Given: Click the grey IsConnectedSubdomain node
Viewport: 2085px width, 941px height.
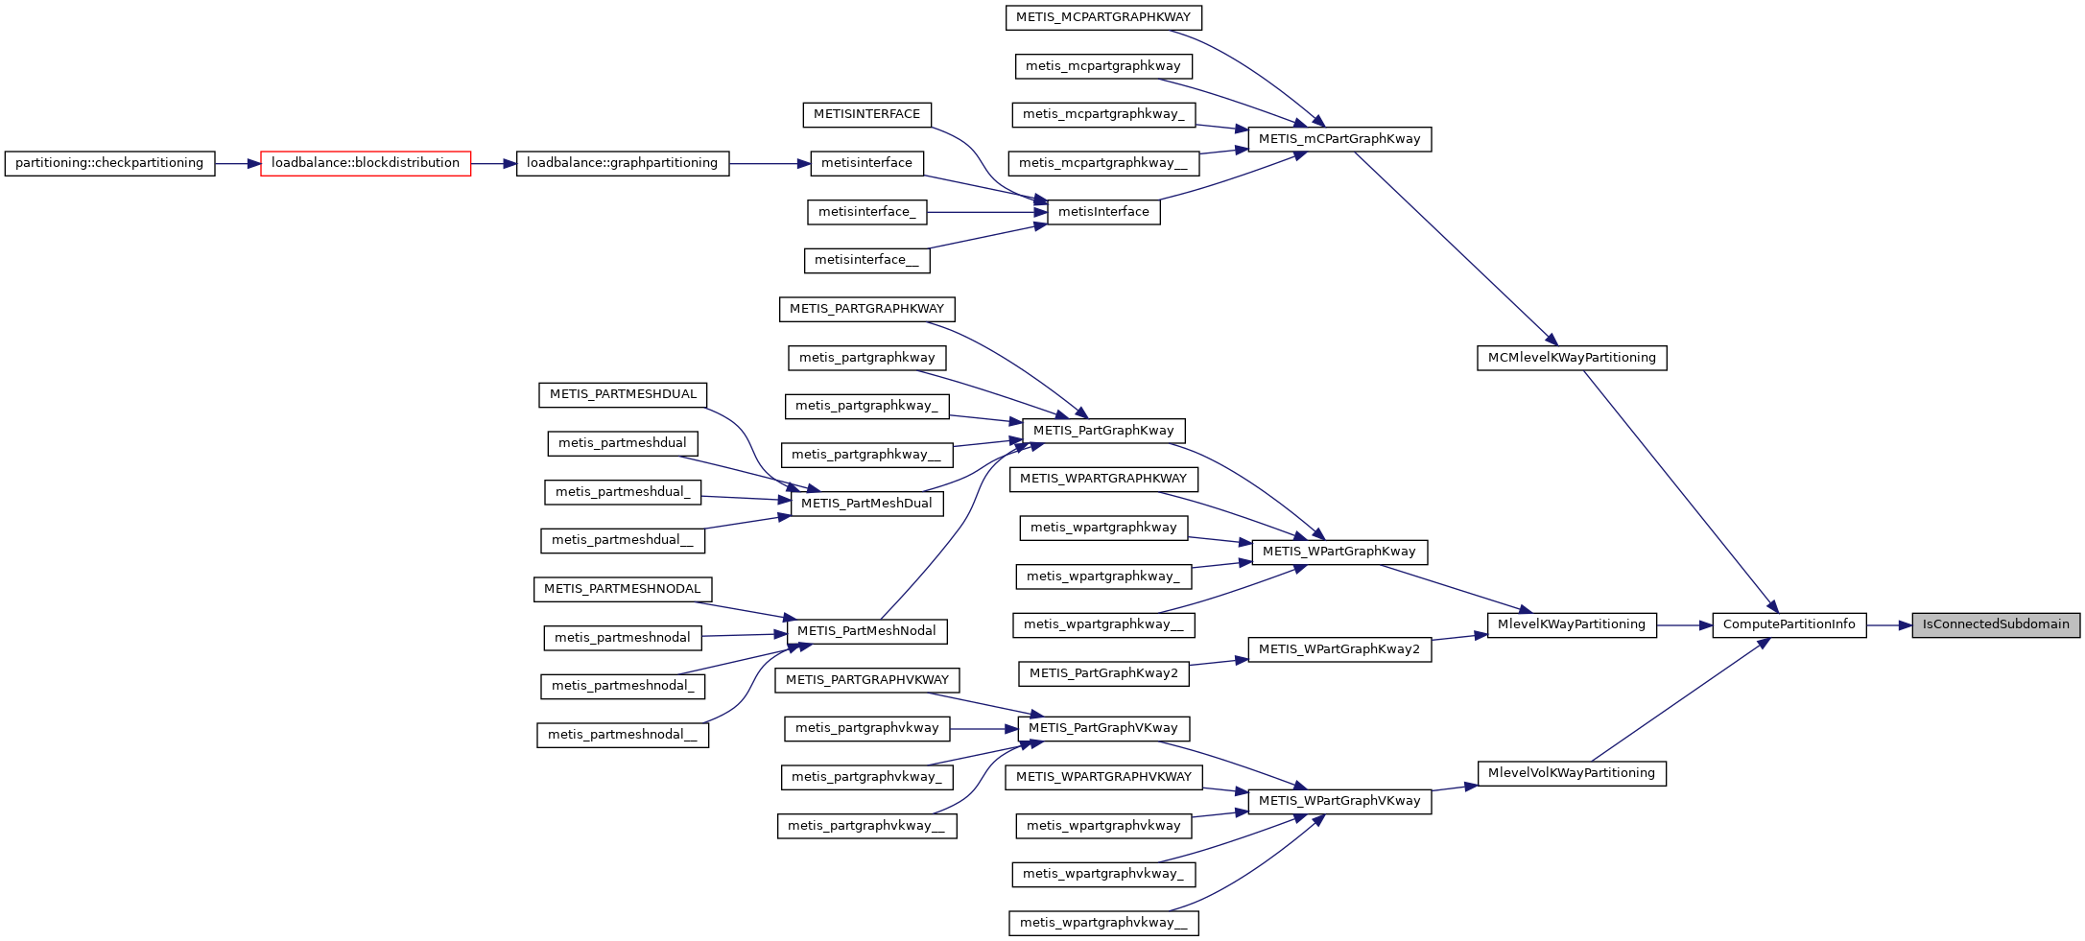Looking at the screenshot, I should [1995, 625].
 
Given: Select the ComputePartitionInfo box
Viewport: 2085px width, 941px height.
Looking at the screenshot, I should [1789, 625].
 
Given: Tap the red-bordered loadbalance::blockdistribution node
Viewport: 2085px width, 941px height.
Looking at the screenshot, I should [366, 164].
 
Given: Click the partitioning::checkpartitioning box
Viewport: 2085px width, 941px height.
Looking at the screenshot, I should [109, 164].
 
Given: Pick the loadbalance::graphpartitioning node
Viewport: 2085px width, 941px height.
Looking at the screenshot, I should [622, 164].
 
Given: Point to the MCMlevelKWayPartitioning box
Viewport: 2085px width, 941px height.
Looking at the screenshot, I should [1571, 359].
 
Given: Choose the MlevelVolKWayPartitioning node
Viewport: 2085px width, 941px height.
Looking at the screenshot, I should [1571, 774].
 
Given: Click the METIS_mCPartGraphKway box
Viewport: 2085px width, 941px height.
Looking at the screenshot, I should [1339, 140].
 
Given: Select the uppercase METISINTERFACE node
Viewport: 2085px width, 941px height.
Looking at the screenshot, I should [866, 115].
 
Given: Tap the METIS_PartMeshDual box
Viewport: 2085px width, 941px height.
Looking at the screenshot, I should [866, 505].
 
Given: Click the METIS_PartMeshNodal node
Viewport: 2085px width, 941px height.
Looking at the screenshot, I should [866, 632].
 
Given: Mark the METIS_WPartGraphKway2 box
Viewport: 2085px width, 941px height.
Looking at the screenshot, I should [1339, 650].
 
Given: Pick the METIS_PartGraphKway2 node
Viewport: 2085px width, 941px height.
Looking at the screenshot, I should [1103, 674].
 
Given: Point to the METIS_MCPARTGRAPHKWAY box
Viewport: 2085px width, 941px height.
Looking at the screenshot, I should [1103, 18].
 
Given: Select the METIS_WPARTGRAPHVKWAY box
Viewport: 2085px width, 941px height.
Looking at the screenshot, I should [1103, 778].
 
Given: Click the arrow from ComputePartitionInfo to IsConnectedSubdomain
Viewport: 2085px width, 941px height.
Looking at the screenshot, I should [1888, 625].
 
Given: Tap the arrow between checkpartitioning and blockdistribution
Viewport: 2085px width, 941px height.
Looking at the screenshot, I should [237, 164].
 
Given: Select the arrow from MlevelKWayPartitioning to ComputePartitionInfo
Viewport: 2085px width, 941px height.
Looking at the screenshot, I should [1684, 625].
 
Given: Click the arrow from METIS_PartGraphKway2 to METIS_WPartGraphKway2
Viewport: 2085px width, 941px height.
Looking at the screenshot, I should [1218, 662].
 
